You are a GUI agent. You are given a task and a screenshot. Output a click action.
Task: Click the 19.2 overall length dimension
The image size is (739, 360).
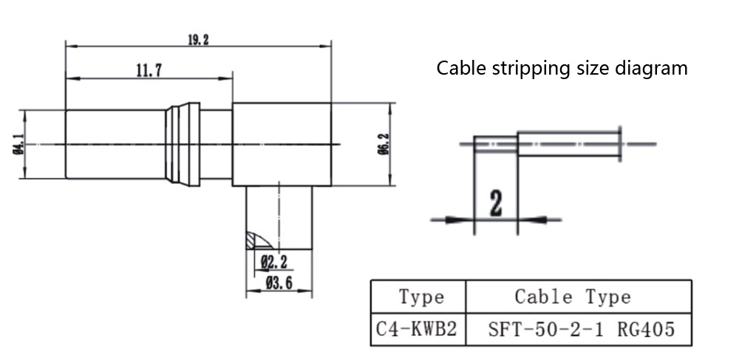198,40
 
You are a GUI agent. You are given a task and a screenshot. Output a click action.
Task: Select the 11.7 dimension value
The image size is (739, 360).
149,71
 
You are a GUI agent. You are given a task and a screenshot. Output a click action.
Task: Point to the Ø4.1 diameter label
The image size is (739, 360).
16,144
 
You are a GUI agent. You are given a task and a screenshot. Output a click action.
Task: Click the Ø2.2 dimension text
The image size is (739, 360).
273,260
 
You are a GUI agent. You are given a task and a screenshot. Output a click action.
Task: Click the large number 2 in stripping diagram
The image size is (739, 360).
495,202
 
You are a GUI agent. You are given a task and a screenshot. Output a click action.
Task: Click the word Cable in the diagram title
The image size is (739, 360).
457,69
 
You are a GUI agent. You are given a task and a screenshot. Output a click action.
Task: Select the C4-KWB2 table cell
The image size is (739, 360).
418,329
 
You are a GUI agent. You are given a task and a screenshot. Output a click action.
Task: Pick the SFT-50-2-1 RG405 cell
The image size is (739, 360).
581,329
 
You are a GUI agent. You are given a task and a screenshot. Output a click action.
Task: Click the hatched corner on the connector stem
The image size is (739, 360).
257,240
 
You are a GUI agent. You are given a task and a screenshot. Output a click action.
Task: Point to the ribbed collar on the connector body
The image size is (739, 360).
183,144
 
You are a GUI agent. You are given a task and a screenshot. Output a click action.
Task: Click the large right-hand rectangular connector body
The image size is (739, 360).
282,144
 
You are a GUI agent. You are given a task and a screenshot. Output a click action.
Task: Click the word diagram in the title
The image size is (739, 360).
653,69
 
